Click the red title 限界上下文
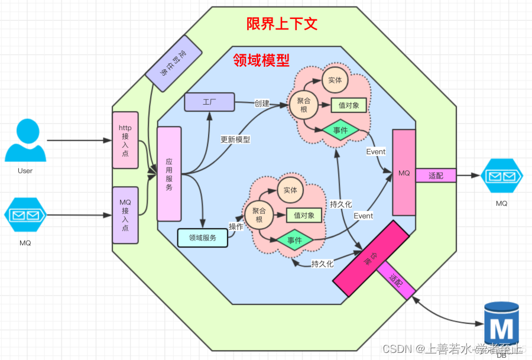click(x=282, y=24)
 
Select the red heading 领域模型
click(x=261, y=60)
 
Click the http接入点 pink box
click(x=125, y=140)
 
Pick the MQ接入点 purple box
click(x=125, y=215)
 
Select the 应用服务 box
click(x=169, y=174)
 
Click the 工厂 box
click(x=209, y=102)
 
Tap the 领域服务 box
click(x=202, y=238)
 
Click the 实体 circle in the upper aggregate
click(x=335, y=80)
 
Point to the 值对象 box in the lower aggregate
click(x=304, y=215)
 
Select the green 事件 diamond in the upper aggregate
click(x=340, y=130)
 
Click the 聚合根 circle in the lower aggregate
click(x=258, y=215)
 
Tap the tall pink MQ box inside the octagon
click(x=404, y=173)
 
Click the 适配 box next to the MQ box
click(x=436, y=176)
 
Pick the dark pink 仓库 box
click(x=371, y=258)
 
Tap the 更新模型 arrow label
click(x=235, y=140)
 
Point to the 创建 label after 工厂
click(x=262, y=103)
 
